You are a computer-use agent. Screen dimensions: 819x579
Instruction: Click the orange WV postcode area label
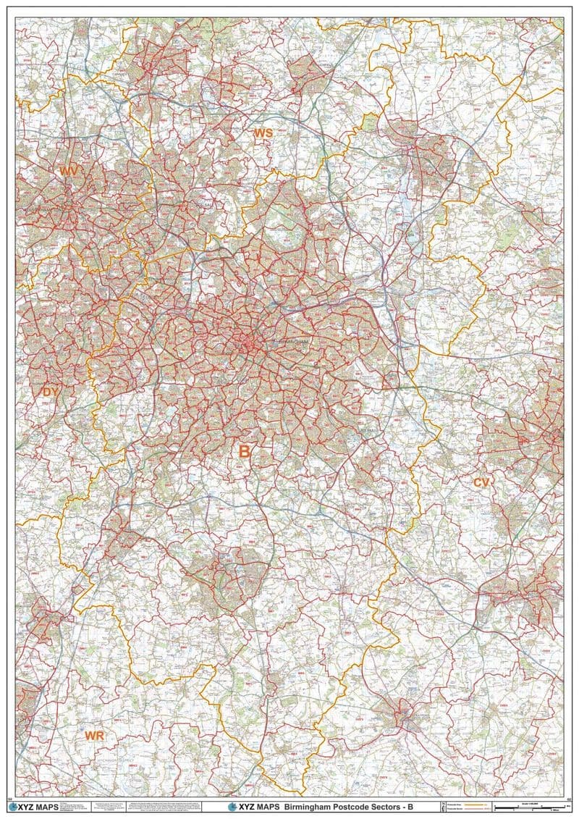[69, 171]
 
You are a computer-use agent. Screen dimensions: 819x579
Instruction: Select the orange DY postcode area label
[50, 392]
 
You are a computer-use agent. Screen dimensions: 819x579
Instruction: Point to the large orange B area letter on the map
[245, 452]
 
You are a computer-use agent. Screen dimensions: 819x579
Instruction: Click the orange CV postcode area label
[482, 482]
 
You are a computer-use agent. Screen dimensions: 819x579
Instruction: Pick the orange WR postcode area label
[95, 736]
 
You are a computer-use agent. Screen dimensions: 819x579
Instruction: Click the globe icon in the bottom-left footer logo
[12, 806]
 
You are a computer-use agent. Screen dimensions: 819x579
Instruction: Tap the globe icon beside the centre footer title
[232, 806]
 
